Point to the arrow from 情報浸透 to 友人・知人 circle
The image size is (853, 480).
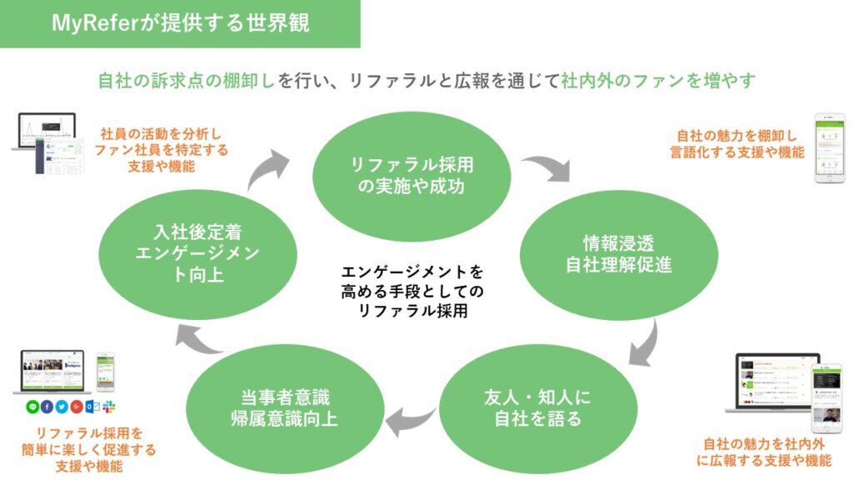[643, 337]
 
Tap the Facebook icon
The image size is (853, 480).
[47, 407]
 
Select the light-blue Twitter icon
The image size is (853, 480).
[62, 407]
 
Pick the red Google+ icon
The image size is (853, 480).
[77, 407]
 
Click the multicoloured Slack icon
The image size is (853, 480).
[109, 407]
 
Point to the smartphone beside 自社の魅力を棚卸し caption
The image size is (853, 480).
[828, 147]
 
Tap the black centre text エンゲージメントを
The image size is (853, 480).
[412, 272]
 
